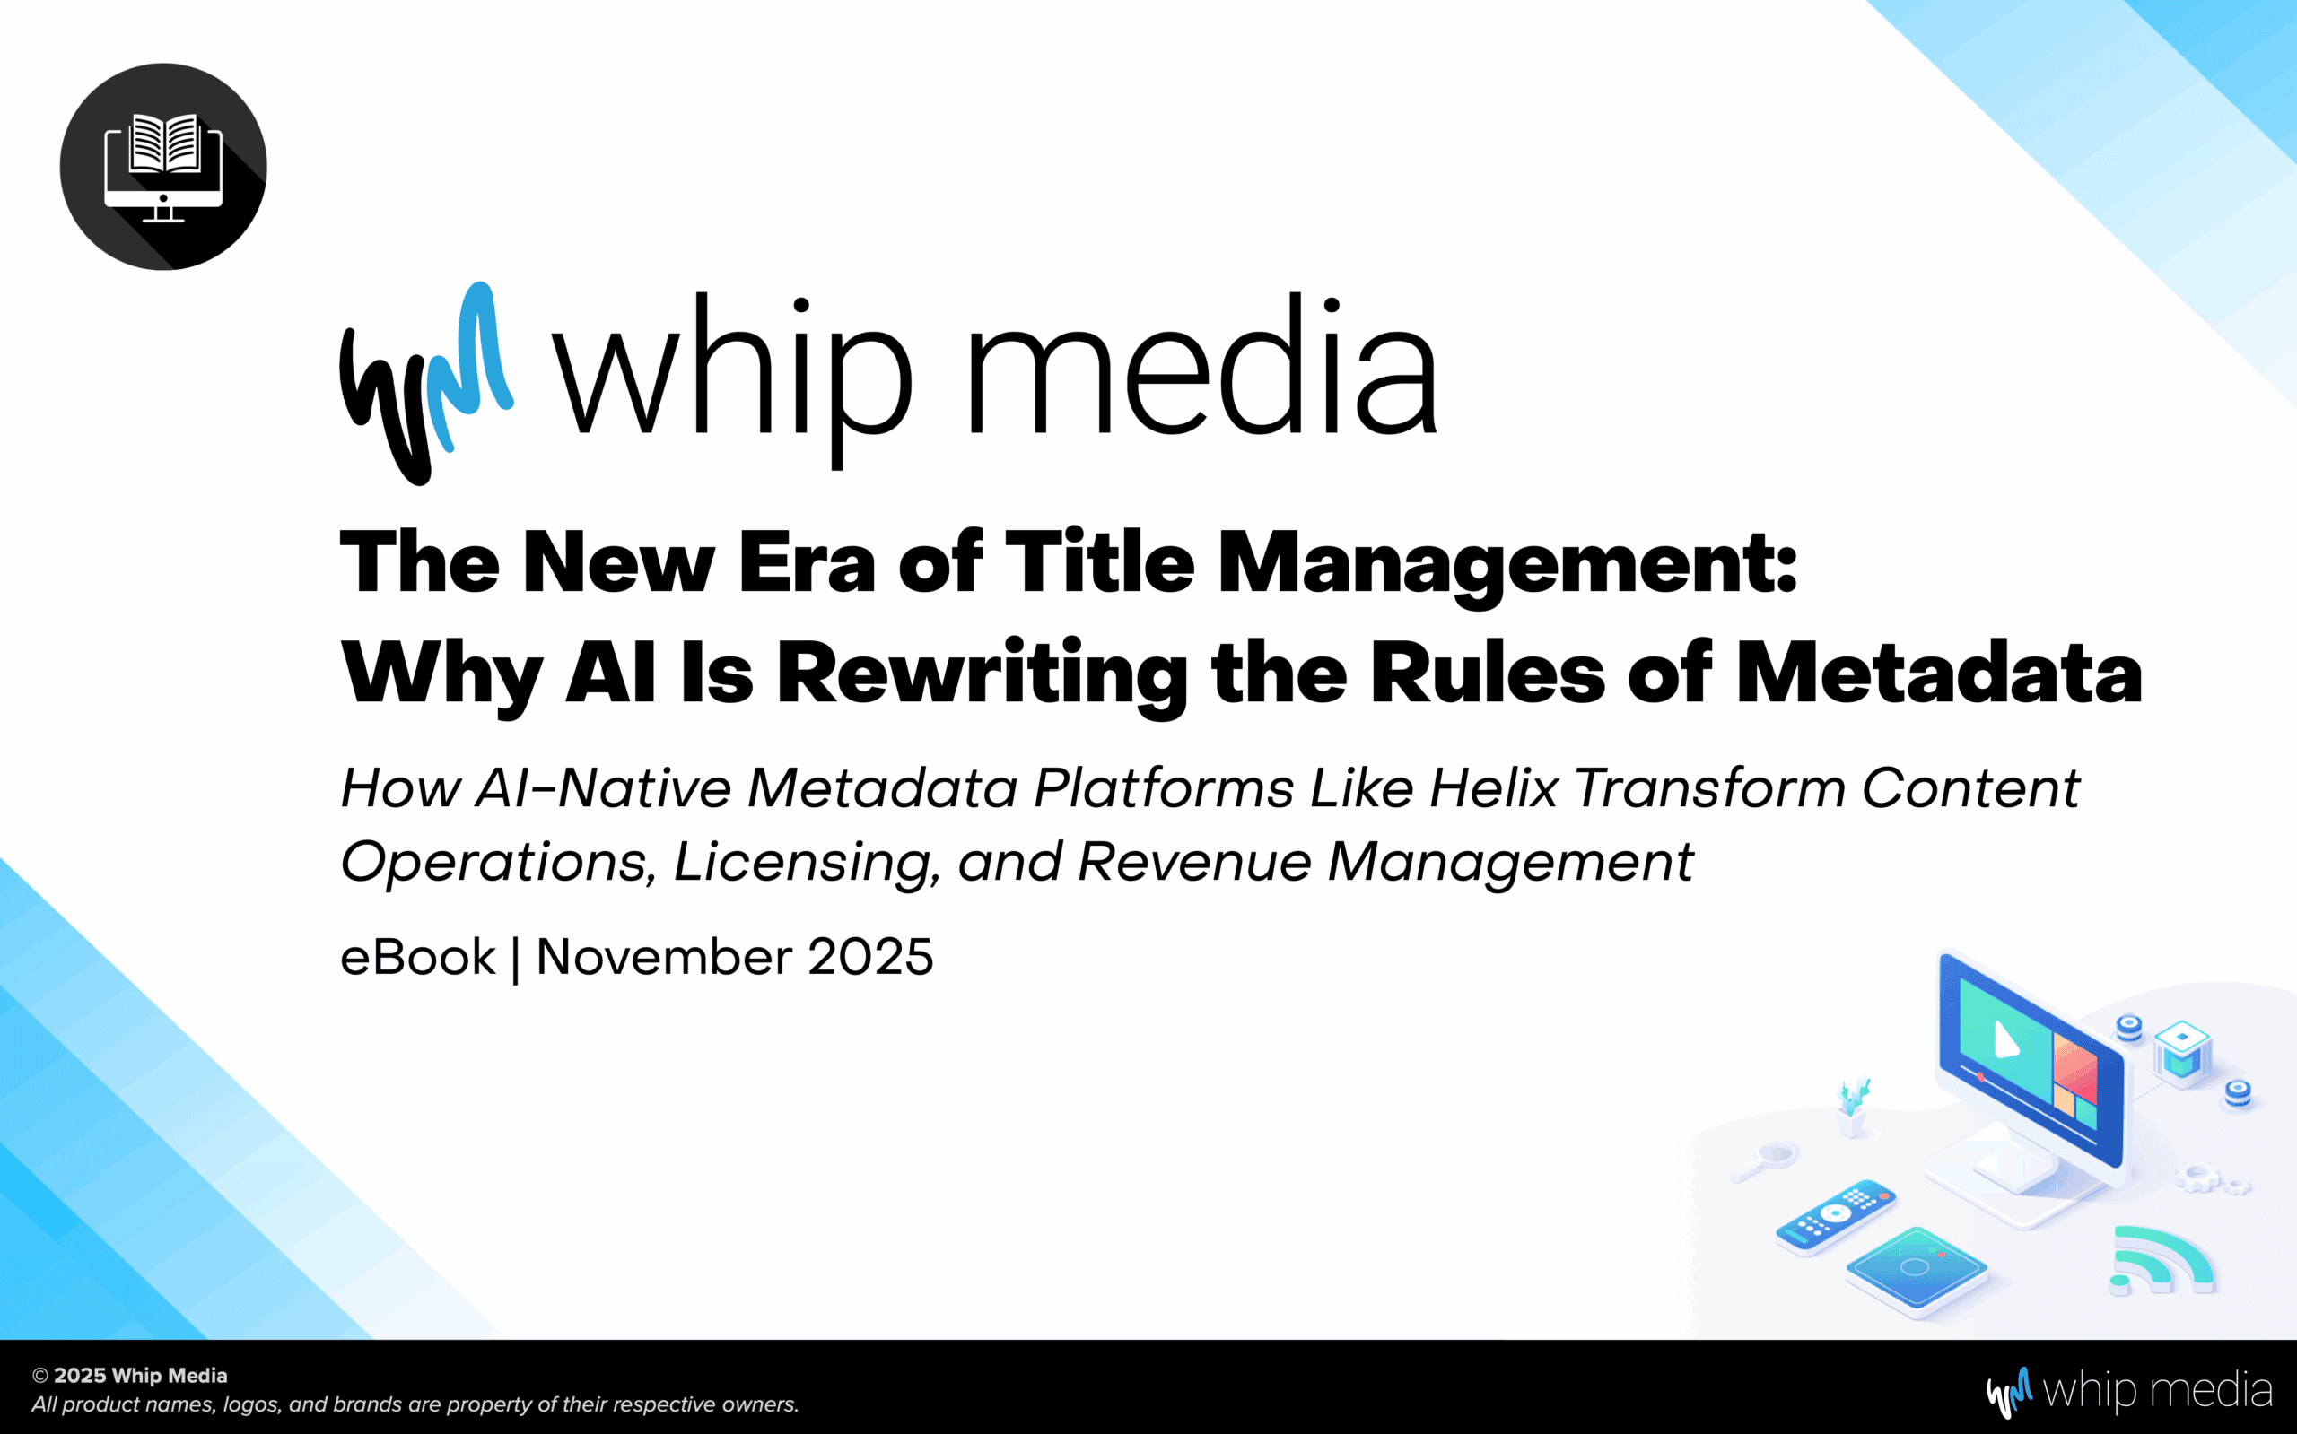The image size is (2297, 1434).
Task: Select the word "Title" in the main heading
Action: tap(1100, 562)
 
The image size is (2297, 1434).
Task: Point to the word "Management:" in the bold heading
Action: tap(1507, 568)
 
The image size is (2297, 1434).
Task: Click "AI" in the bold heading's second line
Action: tap(610, 673)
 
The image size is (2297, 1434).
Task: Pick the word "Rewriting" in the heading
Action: tap(983, 677)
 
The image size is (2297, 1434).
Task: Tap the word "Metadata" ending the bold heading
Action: tap(1939, 673)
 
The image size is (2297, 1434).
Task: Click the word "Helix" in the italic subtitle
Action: tap(1493, 788)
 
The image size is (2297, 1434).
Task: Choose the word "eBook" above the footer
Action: tap(417, 957)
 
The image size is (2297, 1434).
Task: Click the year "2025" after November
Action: tap(871, 957)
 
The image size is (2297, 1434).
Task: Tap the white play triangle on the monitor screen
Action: tap(2005, 1039)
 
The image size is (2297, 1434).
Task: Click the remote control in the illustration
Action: tap(1836, 1218)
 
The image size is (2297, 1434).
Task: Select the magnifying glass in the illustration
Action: tap(1765, 1160)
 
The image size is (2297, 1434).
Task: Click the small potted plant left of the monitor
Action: tap(1852, 1107)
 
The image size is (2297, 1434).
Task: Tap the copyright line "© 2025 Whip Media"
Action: tap(130, 1375)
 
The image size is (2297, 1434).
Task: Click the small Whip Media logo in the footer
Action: tap(2130, 1391)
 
